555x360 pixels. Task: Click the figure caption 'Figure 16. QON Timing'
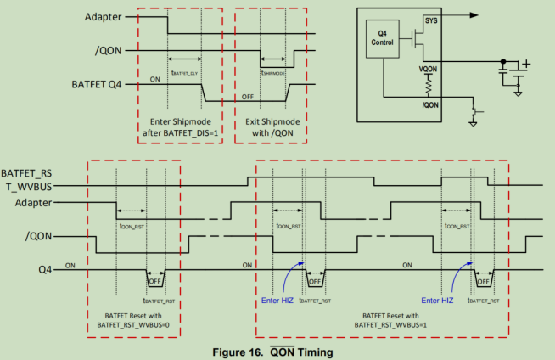tap(277, 352)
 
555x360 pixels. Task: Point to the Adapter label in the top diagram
tap(103, 16)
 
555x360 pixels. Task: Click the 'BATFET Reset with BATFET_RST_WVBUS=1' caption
tap(382, 318)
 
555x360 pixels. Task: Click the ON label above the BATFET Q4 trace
tap(155, 78)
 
